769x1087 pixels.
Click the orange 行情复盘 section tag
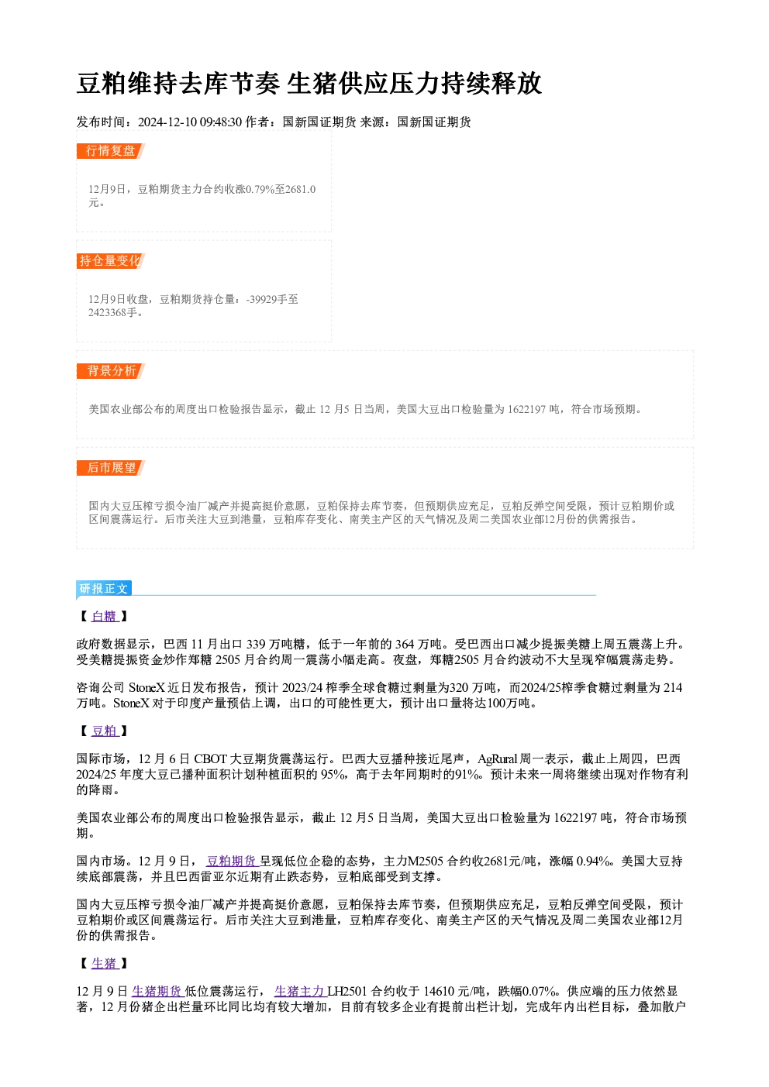(x=111, y=151)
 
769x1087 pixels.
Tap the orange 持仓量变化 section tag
(x=111, y=261)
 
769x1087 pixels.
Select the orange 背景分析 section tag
(x=111, y=371)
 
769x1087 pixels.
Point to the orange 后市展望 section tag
(x=111, y=468)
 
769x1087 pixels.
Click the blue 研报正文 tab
(x=104, y=589)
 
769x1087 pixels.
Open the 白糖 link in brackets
(x=105, y=616)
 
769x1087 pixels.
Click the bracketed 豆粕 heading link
(x=105, y=731)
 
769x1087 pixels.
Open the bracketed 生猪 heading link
(x=105, y=963)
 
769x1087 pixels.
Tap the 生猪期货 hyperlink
(x=157, y=991)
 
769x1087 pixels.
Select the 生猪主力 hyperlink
(x=300, y=991)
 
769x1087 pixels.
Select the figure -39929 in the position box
(x=262, y=299)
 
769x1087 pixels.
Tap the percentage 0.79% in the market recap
(x=260, y=189)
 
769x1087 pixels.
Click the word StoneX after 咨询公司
(x=147, y=688)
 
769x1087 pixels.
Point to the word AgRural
(x=497, y=758)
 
